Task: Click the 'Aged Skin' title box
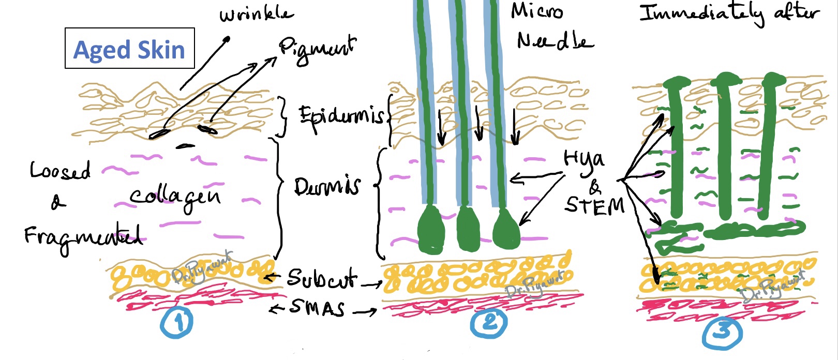[x=129, y=49]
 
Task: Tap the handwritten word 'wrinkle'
[x=257, y=14]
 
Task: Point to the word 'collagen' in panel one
[x=175, y=197]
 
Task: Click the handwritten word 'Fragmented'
[x=83, y=237]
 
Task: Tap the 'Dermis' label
[x=327, y=186]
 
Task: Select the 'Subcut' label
[x=321, y=279]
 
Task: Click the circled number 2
[x=488, y=323]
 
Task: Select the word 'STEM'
[x=594, y=205]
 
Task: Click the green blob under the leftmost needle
[x=430, y=230]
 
